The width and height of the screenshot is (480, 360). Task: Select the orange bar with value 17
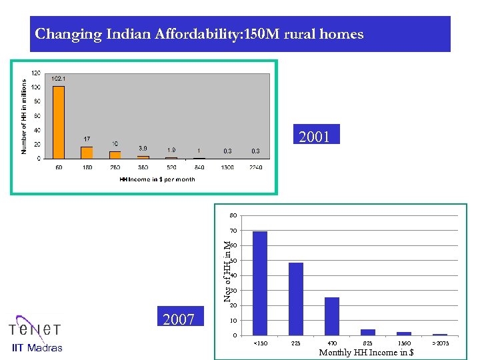tap(87, 152)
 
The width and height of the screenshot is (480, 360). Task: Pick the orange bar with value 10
tap(115, 155)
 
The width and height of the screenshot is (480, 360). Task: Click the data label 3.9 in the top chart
tap(143, 147)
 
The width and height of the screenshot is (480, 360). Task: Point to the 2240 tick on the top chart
tap(257, 167)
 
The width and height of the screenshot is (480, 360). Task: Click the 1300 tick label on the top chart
tap(228, 167)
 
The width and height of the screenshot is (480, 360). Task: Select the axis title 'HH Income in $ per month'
tap(157, 179)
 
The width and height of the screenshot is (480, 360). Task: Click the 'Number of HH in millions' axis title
tap(24, 116)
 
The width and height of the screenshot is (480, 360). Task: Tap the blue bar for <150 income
tap(259, 283)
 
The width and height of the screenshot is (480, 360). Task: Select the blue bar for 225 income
tap(295, 298)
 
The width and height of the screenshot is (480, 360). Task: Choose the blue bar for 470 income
tap(331, 315)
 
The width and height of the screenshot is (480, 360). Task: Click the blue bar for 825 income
tap(367, 331)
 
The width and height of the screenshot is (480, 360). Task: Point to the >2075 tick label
tap(439, 343)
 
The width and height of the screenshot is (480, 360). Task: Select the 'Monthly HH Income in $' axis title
tap(366, 352)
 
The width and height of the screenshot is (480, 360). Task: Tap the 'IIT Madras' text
tap(37, 347)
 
